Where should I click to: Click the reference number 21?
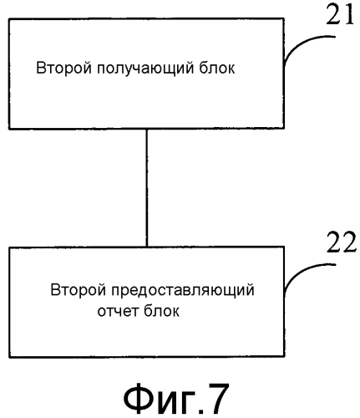340,14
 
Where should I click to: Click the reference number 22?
341,242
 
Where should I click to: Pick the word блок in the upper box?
217,68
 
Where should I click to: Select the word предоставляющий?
183,290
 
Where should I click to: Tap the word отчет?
118,311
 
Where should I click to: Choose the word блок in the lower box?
161,310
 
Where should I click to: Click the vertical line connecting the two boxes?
147,188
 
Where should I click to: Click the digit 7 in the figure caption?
216,398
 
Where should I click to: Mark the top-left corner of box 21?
9,19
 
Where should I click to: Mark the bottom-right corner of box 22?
284,356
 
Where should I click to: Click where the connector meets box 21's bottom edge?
147,129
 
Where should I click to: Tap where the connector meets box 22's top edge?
147,247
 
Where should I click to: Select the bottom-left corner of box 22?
9,356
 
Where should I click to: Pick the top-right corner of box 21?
284,19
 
